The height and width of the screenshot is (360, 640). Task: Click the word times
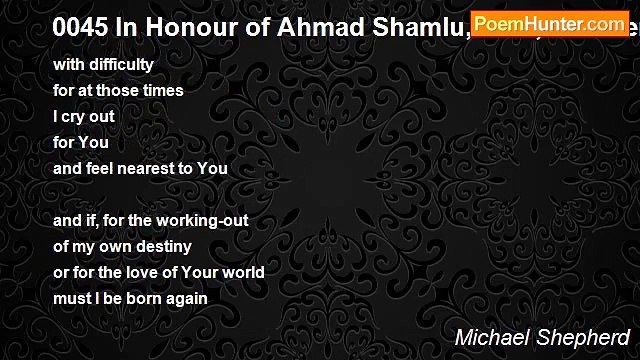coord(161,91)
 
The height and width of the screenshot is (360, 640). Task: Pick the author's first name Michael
coord(491,337)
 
